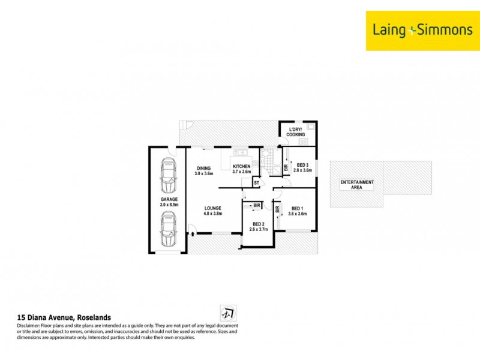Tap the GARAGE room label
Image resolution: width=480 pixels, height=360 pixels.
(x=169, y=199)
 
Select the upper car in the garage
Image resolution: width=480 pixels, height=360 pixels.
(x=169, y=174)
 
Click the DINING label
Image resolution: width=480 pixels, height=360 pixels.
(x=204, y=168)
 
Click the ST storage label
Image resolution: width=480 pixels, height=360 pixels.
(x=256, y=182)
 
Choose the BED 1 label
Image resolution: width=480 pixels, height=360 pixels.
(x=298, y=208)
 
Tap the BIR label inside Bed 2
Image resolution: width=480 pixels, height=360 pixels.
(x=257, y=206)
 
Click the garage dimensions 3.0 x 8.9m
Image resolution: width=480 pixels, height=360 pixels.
(x=169, y=205)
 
